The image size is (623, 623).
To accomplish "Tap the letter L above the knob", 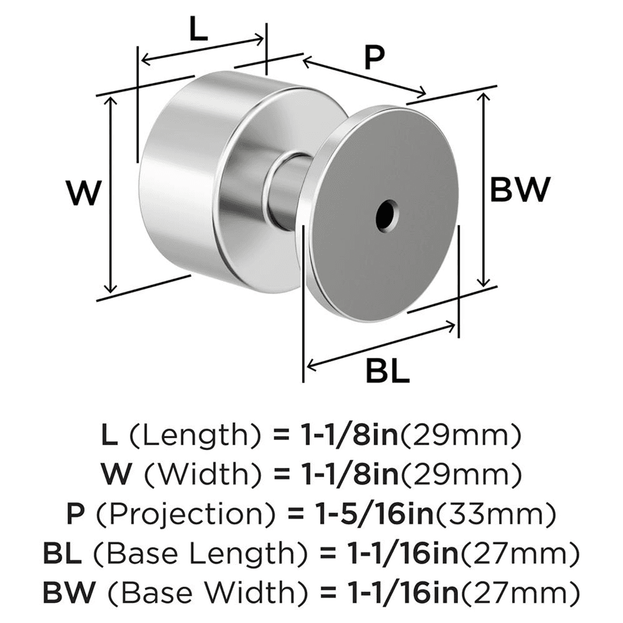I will [x=198, y=30].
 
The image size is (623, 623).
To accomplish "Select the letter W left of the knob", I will [x=83, y=193].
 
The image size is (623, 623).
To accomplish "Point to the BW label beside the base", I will [x=520, y=189].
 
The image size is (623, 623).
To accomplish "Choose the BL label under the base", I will [x=387, y=373].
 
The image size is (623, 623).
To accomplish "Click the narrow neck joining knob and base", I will [x=288, y=192].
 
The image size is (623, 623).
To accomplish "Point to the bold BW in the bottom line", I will [x=67, y=591].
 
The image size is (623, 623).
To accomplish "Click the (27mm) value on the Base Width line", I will [x=527, y=591].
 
